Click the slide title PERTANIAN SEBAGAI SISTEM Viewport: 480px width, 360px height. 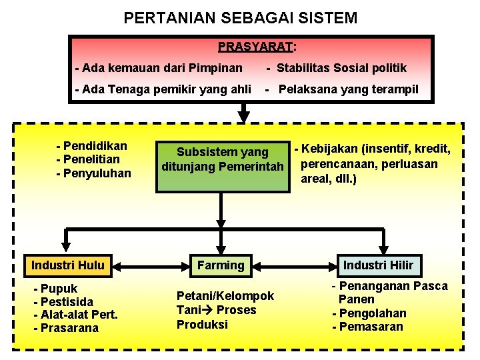[x=240, y=18]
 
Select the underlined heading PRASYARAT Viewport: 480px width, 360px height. [x=256, y=47]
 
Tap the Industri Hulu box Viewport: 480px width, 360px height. [x=68, y=265]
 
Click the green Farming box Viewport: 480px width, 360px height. [x=221, y=265]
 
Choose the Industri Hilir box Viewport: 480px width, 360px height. [x=378, y=265]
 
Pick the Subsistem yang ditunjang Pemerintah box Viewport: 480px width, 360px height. [x=222, y=159]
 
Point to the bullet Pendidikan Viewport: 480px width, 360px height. [x=95, y=145]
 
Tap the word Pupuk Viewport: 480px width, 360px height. [x=59, y=289]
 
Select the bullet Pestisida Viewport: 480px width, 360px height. [x=66, y=302]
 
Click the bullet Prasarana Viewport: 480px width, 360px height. [x=69, y=328]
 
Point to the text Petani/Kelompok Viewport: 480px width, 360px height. [x=225, y=296]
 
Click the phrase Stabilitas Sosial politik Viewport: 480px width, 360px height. [x=341, y=68]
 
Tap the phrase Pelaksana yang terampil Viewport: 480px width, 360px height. [x=348, y=89]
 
